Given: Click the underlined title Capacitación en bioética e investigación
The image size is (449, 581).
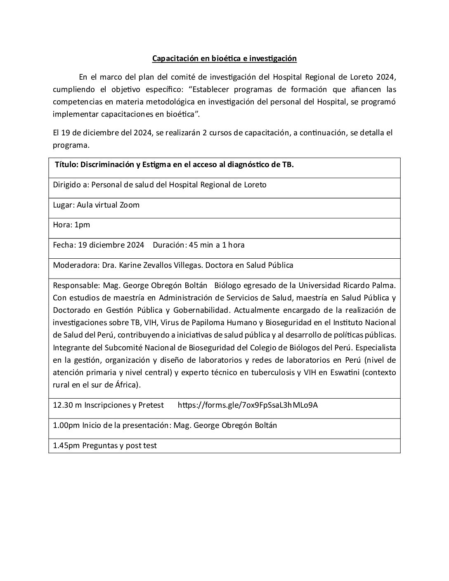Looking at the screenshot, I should [x=224, y=59].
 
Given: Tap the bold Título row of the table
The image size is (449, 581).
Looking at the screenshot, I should [x=174, y=164].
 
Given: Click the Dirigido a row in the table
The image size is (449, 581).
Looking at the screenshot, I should [x=159, y=184].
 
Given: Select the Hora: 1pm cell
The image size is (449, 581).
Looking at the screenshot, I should [x=71, y=225].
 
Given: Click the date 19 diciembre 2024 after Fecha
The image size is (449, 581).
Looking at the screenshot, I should [x=111, y=245].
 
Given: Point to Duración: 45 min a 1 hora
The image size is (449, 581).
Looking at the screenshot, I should [x=199, y=245].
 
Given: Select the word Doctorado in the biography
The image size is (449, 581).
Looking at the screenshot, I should [x=70, y=310].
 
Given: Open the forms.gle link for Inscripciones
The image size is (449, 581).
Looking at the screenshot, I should [x=248, y=405].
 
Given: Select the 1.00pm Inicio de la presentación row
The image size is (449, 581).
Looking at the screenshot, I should [x=165, y=425].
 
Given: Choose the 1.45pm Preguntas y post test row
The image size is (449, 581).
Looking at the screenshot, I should [x=105, y=446].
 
